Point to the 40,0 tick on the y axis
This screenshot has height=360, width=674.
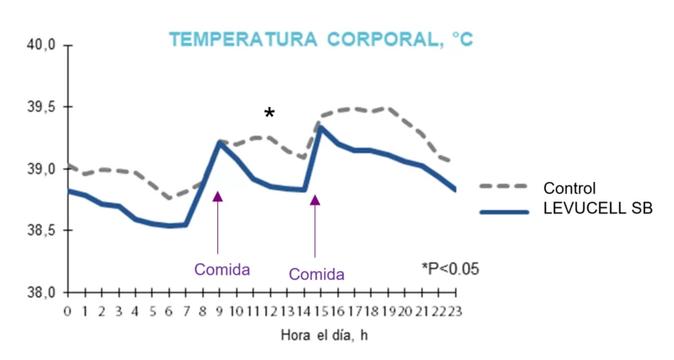(41, 46)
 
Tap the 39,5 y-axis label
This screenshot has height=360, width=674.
(41, 108)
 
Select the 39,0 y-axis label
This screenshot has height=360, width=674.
(41, 169)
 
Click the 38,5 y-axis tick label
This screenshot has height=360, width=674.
(41, 231)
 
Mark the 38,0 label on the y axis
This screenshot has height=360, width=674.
(41, 293)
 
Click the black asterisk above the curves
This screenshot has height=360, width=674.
(269, 114)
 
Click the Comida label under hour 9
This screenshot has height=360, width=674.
(222, 270)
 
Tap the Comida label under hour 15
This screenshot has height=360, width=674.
(317, 274)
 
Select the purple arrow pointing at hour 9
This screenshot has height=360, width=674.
(218, 223)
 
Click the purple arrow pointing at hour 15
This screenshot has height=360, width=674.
(315, 226)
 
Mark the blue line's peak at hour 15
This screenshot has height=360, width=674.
(320, 127)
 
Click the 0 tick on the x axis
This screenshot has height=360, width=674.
(68, 311)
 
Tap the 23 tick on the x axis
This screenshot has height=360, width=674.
(454, 311)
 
